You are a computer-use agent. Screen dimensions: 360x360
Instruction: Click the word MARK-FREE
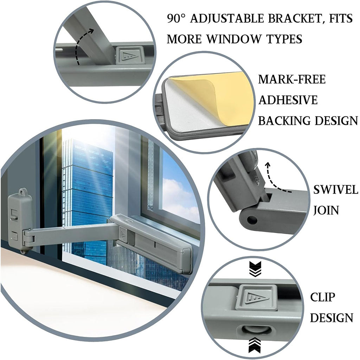click(x=292, y=79)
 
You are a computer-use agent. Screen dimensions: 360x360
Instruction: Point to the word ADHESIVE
click(x=288, y=100)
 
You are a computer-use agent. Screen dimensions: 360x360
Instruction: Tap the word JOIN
click(x=326, y=210)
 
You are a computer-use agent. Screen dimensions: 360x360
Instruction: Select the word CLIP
click(x=323, y=297)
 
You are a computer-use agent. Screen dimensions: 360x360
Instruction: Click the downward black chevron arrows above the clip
click(x=255, y=269)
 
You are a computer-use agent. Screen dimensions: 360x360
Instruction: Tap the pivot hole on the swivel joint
click(x=252, y=220)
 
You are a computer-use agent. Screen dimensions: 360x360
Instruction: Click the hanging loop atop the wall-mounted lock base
click(x=23, y=191)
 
